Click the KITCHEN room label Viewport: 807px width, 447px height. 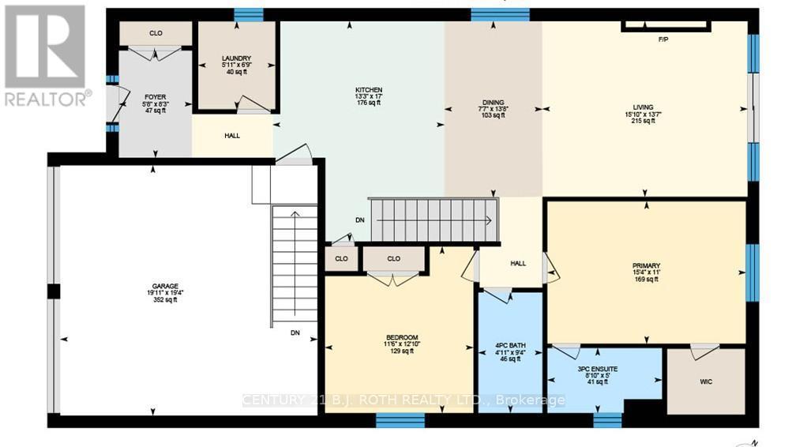[x=368, y=90]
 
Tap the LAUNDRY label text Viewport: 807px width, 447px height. [x=236, y=58]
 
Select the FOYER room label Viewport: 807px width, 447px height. [x=155, y=99]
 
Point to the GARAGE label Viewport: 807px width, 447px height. [x=166, y=286]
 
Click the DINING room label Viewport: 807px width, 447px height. [x=493, y=102]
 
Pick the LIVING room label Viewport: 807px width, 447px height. [x=644, y=107]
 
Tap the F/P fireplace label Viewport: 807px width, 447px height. [x=663, y=39]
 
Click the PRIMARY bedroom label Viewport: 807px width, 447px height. [x=645, y=265]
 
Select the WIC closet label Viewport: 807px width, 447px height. [x=706, y=381]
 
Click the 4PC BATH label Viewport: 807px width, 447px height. [x=509, y=345]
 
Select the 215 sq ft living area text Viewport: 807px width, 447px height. [x=644, y=121]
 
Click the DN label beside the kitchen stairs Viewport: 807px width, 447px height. [x=360, y=220]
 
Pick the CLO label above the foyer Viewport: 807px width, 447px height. [x=155, y=34]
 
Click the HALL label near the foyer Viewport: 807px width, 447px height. [x=232, y=136]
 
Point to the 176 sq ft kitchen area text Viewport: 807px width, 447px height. [x=368, y=103]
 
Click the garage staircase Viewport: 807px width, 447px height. [x=295, y=265]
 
